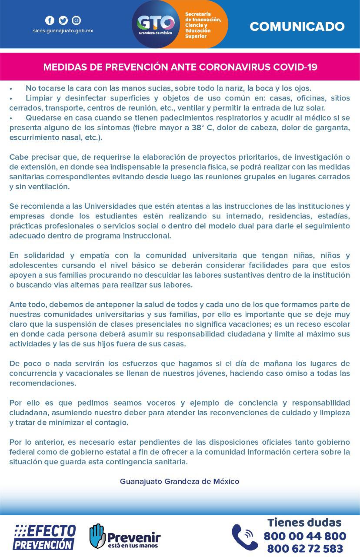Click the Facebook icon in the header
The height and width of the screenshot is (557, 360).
50,20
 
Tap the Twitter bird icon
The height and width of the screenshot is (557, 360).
63,20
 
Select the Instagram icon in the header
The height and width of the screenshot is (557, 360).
76,20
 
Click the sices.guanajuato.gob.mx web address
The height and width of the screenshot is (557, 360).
63,31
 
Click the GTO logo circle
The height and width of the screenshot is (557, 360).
156,24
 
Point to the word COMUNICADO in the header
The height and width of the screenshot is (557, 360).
297,27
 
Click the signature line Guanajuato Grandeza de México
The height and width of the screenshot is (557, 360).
180,481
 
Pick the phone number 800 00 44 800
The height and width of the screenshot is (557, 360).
305,536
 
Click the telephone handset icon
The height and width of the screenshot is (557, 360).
244,537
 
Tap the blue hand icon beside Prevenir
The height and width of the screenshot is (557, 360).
97,536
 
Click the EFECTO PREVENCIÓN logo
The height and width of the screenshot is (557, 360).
44,537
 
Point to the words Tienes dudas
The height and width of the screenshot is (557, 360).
304,522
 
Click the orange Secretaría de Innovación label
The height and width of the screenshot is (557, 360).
203,25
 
